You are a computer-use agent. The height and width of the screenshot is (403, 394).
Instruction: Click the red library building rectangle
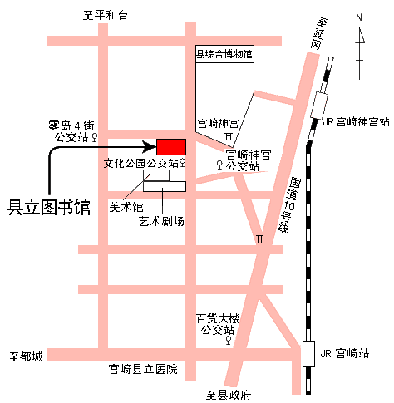171,145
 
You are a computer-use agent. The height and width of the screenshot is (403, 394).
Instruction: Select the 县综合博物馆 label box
224,55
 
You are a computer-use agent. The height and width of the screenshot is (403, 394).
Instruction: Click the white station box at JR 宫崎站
310,352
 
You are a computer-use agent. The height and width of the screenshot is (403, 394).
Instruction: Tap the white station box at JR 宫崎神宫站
320,106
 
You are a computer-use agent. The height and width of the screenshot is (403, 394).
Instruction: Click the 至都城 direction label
26,356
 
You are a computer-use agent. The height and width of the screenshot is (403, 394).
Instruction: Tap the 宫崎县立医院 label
143,369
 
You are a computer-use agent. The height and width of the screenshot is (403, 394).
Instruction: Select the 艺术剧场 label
161,221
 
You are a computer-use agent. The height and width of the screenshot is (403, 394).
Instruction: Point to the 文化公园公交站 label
140,164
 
